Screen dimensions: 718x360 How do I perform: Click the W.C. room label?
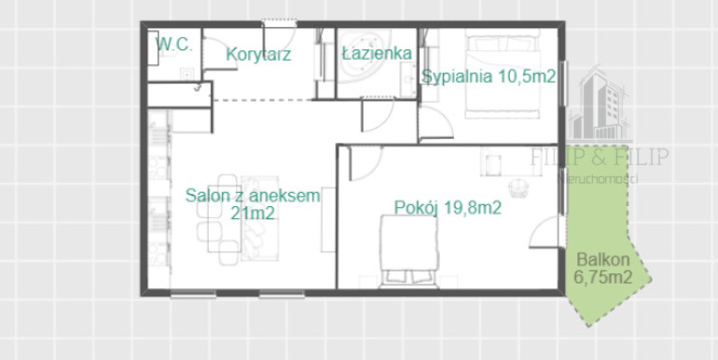173,45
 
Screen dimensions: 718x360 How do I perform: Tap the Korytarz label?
258,54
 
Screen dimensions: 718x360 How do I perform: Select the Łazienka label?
377,53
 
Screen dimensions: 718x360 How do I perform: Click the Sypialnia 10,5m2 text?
489,76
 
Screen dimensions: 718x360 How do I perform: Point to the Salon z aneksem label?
253,196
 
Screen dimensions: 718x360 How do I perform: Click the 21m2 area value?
253,213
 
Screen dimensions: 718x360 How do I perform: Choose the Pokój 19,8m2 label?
448,208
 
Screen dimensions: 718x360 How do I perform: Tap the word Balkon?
603,260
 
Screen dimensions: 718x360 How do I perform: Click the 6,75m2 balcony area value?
603,277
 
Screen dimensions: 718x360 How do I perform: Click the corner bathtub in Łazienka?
364,55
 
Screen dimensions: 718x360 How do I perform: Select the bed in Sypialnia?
503,74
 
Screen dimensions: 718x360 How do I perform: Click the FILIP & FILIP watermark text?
600,157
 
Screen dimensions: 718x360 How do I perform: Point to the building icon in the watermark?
599,104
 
